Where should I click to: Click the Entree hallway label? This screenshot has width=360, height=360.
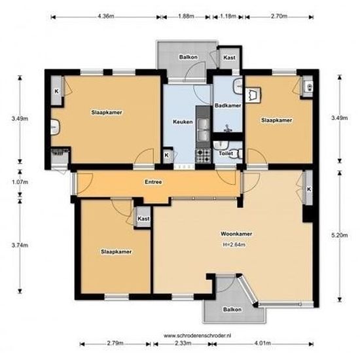click(154, 182)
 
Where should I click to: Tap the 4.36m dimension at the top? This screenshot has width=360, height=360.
click(106, 15)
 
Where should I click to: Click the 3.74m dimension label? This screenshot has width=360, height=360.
click(19, 245)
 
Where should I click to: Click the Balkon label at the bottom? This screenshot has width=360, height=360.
click(233, 308)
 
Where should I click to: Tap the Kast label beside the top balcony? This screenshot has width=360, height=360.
click(229, 58)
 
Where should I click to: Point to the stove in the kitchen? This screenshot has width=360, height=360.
click(202, 156)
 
